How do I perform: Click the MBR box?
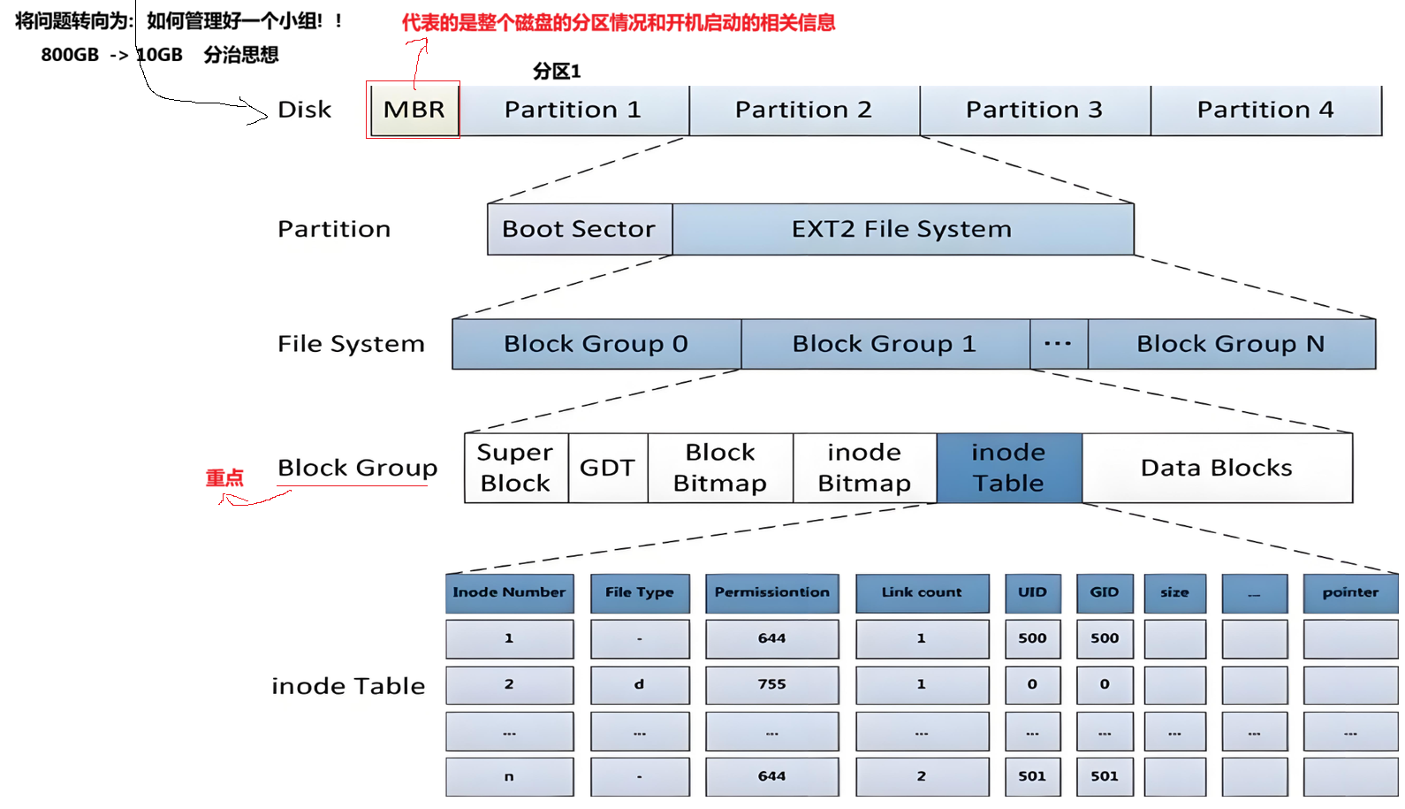click(414, 110)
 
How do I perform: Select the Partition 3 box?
click(1035, 110)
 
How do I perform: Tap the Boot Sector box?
click(580, 229)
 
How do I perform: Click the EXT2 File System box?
click(902, 229)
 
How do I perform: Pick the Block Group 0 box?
click(596, 344)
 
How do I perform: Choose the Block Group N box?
click(1231, 344)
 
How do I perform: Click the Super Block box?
click(516, 468)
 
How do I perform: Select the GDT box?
click(608, 468)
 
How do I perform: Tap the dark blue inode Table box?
click(1009, 468)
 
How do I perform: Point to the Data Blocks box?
click(1217, 468)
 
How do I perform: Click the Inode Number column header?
click(509, 592)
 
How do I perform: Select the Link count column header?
click(922, 592)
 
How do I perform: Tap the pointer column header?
click(1350, 592)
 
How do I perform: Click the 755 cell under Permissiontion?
click(771, 684)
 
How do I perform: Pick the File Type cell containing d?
click(640, 684)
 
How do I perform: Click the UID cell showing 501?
click(1032, 776)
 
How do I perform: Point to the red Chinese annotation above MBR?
click(619, 22)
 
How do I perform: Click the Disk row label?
click(305, 110)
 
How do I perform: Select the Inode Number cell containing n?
click(509, 776)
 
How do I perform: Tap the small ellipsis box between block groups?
click(1059, 344)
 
